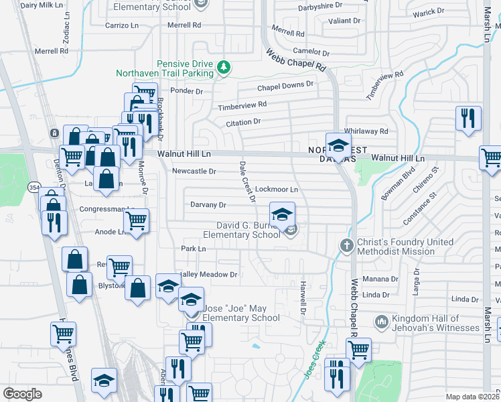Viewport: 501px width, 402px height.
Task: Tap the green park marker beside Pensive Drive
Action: click(x=224, y=67)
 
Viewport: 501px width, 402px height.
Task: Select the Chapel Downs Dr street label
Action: click(x=286, y=86)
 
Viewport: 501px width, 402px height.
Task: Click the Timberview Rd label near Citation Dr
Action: click(x=242, y=106)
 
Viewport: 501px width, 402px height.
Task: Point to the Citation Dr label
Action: click(x=242, y=123)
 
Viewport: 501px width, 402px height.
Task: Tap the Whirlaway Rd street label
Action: click(x=366, y=131)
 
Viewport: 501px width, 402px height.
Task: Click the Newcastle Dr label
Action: click(x=194, y=171)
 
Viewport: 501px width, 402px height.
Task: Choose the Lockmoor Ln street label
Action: click(x=277, y=190)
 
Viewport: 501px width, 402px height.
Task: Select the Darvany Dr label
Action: click(x=208, y=204)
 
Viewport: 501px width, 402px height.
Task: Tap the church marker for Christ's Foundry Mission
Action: click(x=346, y=245)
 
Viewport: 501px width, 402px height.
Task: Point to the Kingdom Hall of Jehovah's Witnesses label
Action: click(x=436, y=323)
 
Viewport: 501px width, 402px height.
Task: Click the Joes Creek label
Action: click(x=313, y=358)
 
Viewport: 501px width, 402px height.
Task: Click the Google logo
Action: click(x=22, y=394)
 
